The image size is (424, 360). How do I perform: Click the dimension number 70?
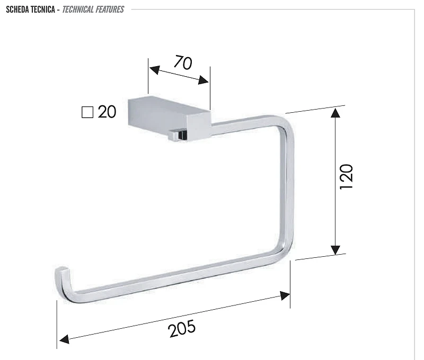[x=183, y=62]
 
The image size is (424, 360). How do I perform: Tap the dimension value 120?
[x=347, y=177]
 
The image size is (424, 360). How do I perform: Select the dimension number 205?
[x=182, y=328]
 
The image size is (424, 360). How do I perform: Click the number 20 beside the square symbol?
[x=107, y=112]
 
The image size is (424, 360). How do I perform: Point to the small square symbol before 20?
[x=87, y=112]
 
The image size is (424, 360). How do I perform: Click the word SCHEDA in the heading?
[x=17, y=10]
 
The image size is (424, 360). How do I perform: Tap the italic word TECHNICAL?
[x=77, y=10]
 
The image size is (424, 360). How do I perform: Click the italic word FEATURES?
[x=110, y=10]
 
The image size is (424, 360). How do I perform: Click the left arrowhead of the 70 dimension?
[x=154, y=70]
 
